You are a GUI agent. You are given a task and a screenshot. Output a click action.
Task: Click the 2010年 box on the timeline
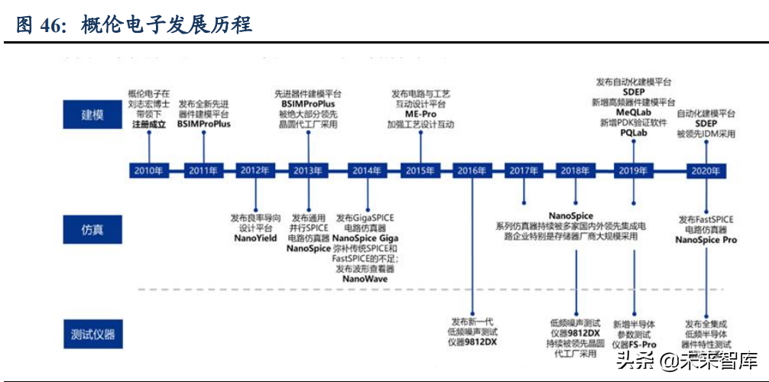coord(148,170)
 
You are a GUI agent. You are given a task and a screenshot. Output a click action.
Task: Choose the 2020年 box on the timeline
coord(704,170)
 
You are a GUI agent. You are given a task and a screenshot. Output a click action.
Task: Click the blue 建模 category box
coord(92,115)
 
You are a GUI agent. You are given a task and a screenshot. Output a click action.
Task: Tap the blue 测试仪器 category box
coord(92,333)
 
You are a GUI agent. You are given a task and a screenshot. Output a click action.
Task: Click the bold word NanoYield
coord(255,238)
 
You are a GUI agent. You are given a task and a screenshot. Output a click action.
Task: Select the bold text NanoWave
coord(365,279)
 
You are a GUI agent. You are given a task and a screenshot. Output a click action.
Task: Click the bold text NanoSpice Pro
coord(706,239)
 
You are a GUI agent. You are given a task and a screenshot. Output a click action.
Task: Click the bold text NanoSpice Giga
coord(365,238)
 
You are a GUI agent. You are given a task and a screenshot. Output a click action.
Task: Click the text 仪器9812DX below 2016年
coord(473,343)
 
